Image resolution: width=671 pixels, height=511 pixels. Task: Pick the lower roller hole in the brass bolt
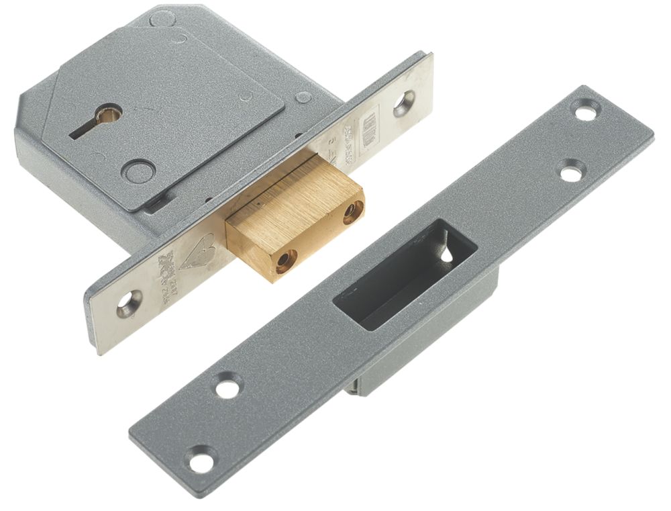286,261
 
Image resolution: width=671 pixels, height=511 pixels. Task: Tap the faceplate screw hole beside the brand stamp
403,103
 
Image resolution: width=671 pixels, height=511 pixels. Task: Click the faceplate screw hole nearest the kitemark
128,304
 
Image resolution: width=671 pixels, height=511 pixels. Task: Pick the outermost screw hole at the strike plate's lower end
199,460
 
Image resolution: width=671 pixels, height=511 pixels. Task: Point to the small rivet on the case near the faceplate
303,97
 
